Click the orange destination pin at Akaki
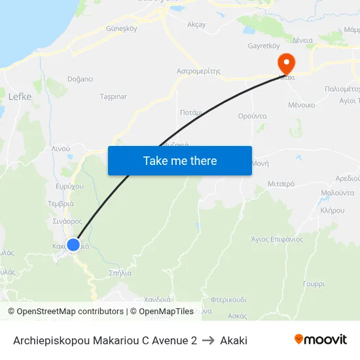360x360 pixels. pyautogui.click(x=286, y=63)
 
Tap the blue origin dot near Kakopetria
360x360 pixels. pyautogui.click(x=73, y=244)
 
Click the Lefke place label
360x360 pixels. pyautogui.click(x=20, y=96)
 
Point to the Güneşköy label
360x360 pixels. pyautogui.click(x=121, y=29)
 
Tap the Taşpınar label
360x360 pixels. pyautogui.click(x=113, y=96)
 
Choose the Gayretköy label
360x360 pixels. pyautogui.click(x=264, y=46)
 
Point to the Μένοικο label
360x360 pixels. pyautogui.click(x=302, y=105)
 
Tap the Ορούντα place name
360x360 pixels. pyautogui.click(x=252, y=115)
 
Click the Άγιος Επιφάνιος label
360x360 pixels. pyautogui.click(x=277, y=239)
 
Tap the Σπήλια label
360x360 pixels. pyautogui.click(x=120, y=272)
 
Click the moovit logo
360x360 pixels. pyautogui.click(x=321, y=339)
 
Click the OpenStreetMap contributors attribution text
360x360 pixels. pyautogui.click(x=71, y=312)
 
